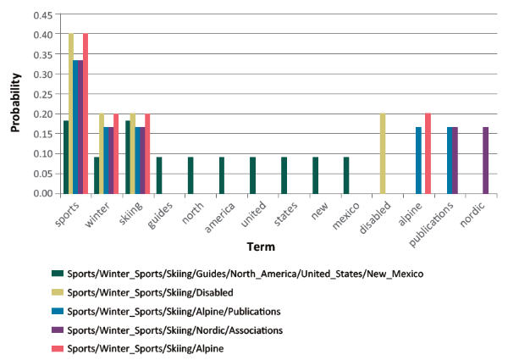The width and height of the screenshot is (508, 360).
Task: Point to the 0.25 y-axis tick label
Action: pos(41,94)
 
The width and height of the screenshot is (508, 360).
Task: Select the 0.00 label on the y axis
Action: pos(41,193)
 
